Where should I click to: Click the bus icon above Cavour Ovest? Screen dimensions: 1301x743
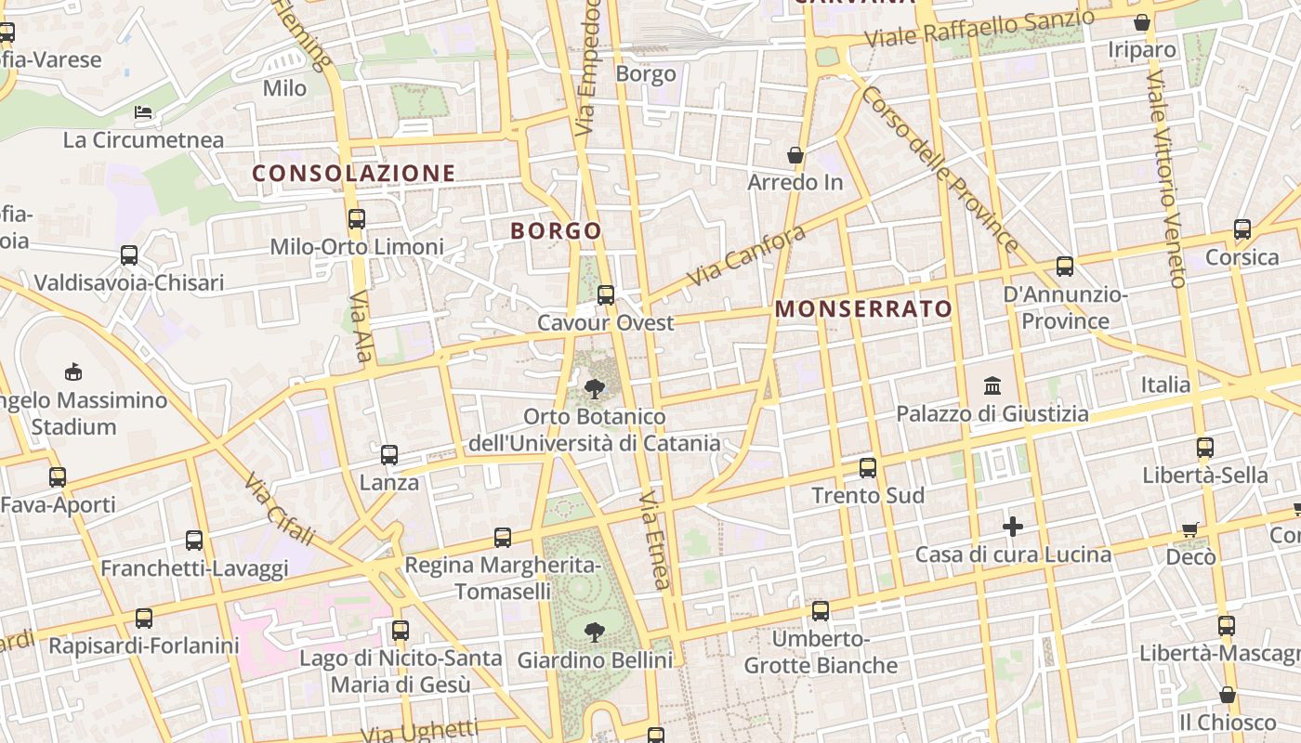(x=606, y=295)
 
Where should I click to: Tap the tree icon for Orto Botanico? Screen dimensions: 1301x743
(x=595, y=388)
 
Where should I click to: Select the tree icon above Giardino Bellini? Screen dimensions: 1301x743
(x=594, y=632)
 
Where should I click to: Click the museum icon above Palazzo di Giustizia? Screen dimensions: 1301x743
(x=992, y=385)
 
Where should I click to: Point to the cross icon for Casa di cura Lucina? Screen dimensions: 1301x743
(x=1013, y=528)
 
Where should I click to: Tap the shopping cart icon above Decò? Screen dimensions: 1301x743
(x=1190, y=529)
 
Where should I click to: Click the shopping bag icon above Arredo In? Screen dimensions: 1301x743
(x=795, y=154)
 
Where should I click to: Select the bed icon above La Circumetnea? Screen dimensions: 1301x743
(x=143, y=112)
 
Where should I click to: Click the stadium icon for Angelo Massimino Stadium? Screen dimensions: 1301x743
(x=72, y=372)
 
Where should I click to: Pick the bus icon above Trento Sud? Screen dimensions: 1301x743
(x=868, y=467)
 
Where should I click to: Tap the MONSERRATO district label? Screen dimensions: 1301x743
(x=864, y=309)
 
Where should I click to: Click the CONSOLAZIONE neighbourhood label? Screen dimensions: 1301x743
(x=354, y=174)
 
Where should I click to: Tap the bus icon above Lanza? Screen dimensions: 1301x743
(x=389, y=455)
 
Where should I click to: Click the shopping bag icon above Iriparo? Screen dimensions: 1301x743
(x=1142, y=22)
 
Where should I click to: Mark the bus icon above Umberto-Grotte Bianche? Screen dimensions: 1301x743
(x=821, y=611)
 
